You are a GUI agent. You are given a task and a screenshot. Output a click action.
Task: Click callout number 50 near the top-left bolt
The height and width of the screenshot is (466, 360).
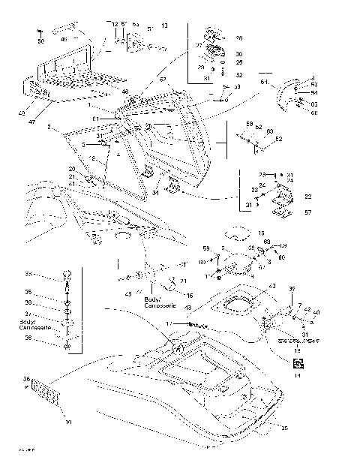coord(40,41)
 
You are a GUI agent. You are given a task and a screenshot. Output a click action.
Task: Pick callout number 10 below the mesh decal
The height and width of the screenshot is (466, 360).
coord(69,422)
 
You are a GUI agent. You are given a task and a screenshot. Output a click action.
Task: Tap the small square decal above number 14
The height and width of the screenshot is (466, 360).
coord(298,363)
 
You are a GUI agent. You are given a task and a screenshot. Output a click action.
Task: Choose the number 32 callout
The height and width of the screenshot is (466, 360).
coord(238,76)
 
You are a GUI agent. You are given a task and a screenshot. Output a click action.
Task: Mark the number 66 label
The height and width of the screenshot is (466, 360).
coord(313,113)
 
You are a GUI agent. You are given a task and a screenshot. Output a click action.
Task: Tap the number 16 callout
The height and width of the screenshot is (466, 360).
coord(190,296)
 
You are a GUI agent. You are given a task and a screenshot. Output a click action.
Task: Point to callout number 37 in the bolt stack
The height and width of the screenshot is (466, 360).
coord(49,314)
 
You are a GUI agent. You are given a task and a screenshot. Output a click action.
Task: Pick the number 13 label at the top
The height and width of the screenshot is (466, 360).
coord(164,26)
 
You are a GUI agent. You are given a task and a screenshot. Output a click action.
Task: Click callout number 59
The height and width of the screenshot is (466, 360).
coord(206,248)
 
